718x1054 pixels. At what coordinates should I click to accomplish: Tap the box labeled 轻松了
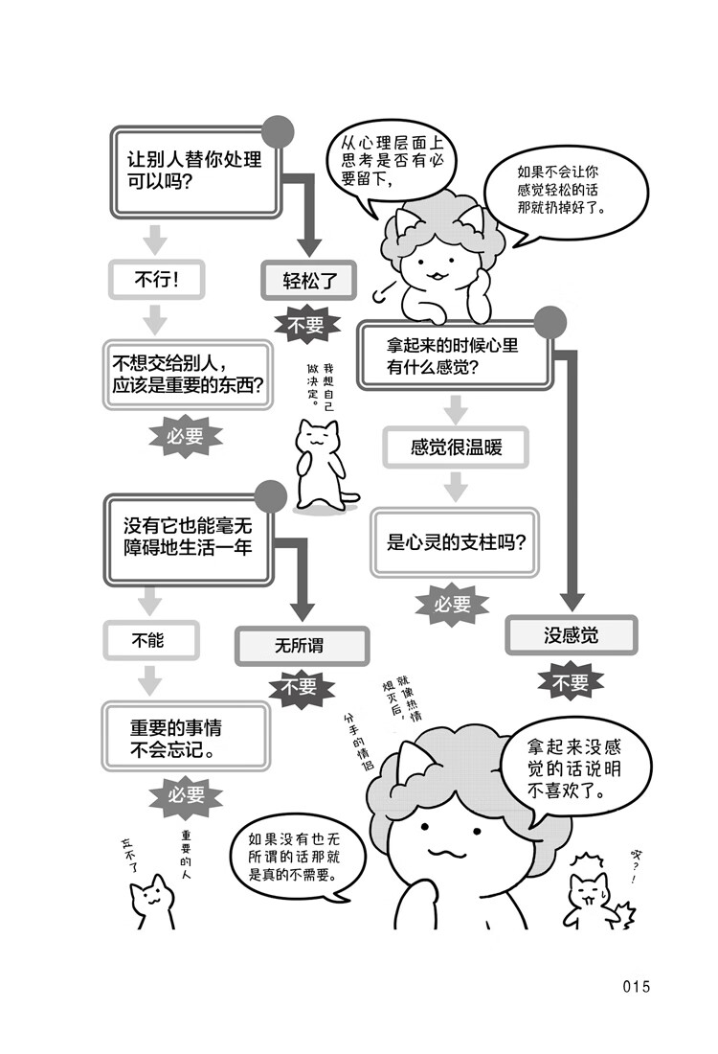point(307,281)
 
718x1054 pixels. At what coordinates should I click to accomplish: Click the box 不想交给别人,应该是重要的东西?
point(189,375)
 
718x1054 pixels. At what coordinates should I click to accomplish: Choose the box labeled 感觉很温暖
point(455,447)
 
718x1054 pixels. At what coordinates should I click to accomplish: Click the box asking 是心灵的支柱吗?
point(455,542)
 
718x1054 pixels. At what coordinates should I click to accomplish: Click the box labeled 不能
point(151,639)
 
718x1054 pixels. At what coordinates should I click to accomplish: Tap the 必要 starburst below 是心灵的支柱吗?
point(453,604)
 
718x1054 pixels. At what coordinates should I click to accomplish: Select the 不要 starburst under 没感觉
point(571,683)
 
